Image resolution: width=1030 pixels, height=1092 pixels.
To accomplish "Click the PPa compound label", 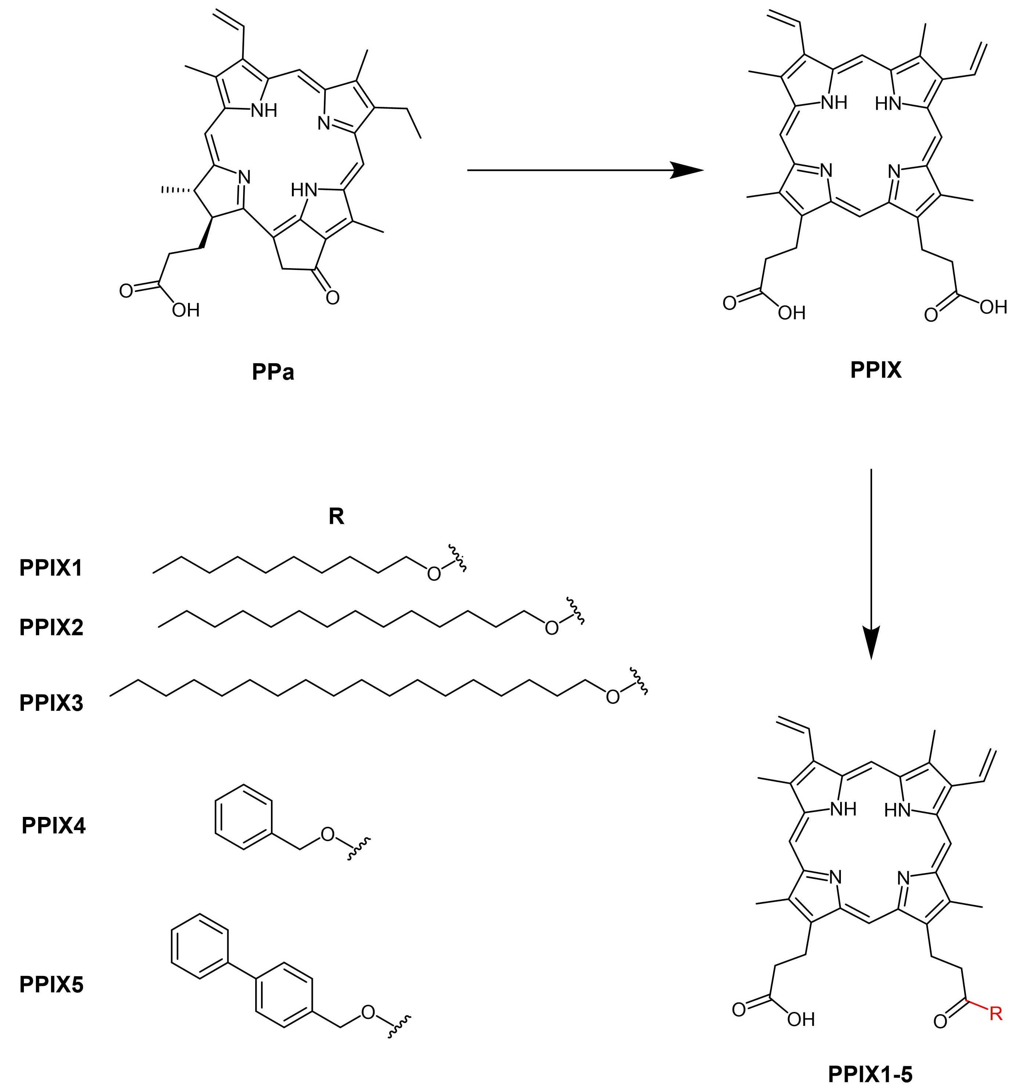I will [273, 372].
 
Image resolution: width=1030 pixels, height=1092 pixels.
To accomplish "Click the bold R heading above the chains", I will [336, 516].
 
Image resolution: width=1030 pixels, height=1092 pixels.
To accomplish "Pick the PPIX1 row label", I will [51, 568].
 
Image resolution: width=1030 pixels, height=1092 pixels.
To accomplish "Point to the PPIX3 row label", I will [51, 703].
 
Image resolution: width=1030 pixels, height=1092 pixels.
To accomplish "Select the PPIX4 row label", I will [53, 825].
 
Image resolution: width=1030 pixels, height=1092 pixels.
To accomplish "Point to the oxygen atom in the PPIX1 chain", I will [434, 574].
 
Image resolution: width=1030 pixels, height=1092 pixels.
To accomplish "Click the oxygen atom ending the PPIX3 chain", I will [612, 697].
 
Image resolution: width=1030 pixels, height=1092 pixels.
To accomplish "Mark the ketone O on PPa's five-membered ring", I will [332, 297].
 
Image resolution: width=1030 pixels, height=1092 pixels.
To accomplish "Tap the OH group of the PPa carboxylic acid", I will [185, 310].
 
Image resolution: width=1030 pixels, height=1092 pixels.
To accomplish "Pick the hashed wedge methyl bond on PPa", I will [176, 190].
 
